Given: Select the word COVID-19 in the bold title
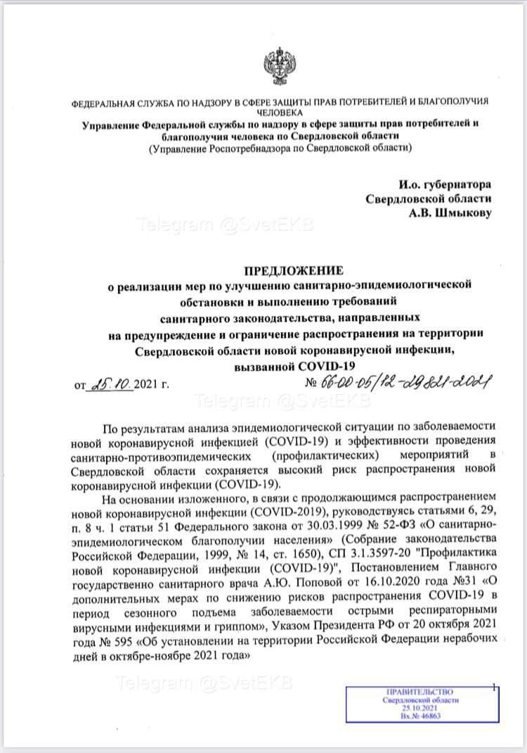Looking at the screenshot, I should (327, 366).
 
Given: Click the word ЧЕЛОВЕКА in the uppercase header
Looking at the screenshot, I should (281, 112).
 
